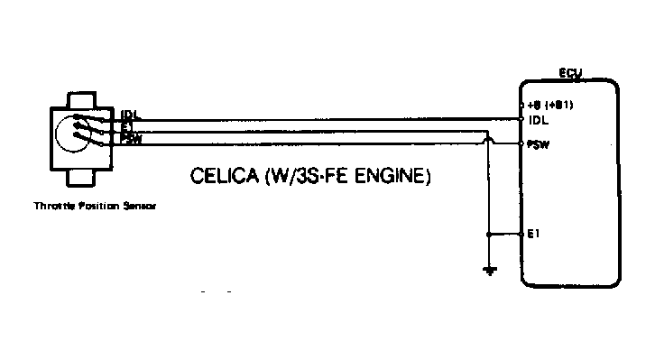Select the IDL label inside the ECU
click(x=540, y=119)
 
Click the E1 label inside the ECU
click(x=535, y=233)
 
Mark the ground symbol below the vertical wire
click(x=489, y=270)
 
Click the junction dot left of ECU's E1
click(x=489, y=233)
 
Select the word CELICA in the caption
click(x=220, y=176)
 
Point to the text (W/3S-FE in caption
click(x=300, y=176)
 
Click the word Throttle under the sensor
click(x=51, y=207)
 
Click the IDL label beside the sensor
click(x=129, y=115)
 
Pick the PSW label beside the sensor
click(x=131, y=138)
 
